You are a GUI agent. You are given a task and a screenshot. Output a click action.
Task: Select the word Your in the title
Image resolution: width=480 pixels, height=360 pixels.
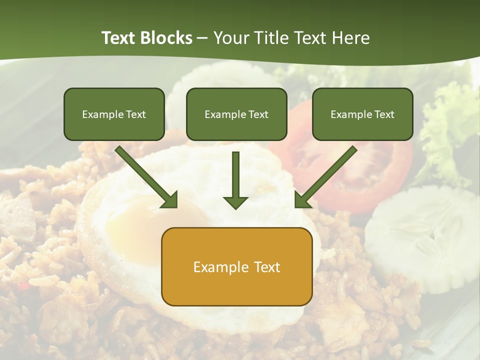[x=230, y=38]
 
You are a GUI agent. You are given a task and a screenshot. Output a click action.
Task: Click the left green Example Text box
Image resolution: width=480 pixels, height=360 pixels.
[x=114, y=114]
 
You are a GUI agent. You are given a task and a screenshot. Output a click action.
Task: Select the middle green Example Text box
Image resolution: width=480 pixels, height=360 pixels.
[x=236, y=114]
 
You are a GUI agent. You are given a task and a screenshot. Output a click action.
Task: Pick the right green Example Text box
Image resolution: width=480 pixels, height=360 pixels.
[x=362, y=114]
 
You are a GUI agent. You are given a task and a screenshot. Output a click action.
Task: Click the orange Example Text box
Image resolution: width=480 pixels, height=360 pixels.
[x=236, y=266]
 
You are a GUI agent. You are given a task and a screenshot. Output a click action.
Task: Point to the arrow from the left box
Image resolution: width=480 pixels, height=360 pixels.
[x=147, y=177]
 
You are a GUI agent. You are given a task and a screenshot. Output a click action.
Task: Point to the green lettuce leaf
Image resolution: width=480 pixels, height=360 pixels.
[x=450, y=125]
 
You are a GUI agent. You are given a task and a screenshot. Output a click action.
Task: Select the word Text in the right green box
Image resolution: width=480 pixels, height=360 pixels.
[x=384, y=114]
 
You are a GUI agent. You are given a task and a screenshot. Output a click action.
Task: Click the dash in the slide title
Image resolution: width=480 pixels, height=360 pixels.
[x=202, y=38]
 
